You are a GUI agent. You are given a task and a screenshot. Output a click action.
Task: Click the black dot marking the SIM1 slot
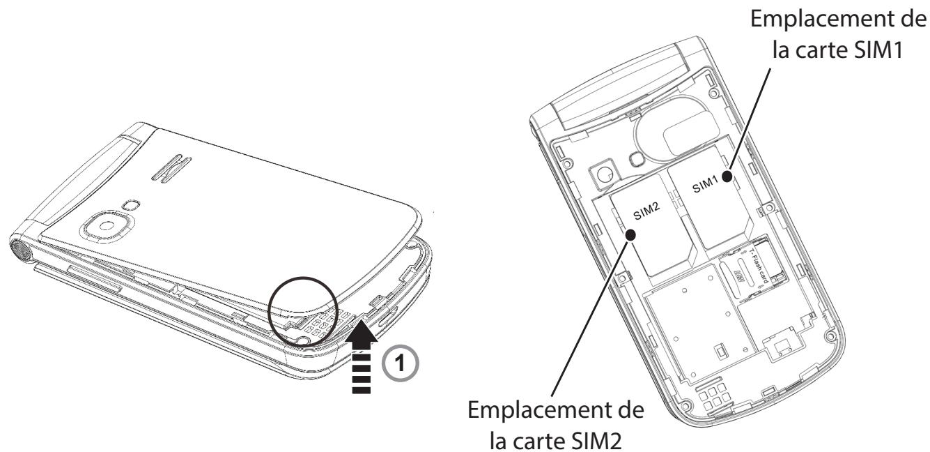pos(727,177)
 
